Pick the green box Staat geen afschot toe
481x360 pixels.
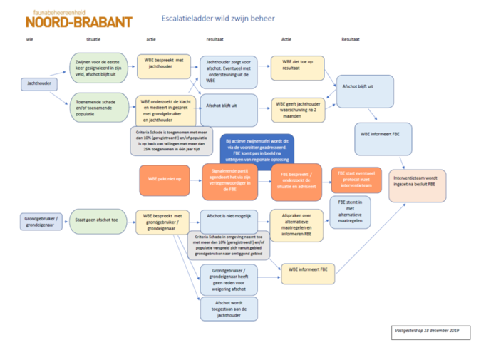pos(98,221)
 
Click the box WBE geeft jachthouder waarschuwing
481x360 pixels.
pos(296,109)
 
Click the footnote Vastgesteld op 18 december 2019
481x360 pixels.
pos(425,331)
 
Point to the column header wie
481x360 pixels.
pos(30,41)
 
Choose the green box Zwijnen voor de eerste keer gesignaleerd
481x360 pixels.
pos(98,68)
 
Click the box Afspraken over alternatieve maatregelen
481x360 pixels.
pos(296,225)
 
